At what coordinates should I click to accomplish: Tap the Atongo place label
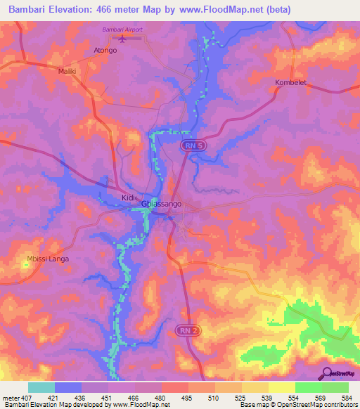105,51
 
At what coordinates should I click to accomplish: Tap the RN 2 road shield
184,330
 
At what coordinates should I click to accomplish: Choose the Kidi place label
127,197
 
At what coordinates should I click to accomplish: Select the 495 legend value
186,398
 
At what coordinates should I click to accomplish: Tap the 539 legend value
267,398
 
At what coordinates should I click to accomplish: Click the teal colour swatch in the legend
41,387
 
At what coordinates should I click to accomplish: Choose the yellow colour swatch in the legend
282,387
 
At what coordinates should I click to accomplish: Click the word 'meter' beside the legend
9,398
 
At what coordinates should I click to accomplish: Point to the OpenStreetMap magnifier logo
326,373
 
